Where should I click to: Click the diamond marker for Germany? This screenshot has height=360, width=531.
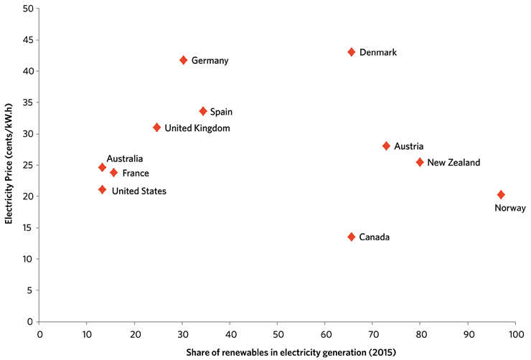click(x=184, y=60)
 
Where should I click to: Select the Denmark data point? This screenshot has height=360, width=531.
click(x=352, y=52)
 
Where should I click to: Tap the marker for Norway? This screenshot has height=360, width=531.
click(x=501, y=195)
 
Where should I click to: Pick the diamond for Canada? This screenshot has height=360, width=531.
click(x=352, y=237)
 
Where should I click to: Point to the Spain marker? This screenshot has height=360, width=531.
click(x=203, y=111)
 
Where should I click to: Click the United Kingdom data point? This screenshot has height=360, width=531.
click(x=157, y=128)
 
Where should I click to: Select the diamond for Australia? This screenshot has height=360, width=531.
click(x=102, y=168)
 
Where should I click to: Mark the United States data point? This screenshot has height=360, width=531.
click(x=102, y=190)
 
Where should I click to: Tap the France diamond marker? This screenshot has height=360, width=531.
click(x=113, y=173)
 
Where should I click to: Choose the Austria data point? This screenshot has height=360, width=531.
click(x=386, y=146)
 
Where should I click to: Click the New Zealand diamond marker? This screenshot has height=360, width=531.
click(x=420, y=162)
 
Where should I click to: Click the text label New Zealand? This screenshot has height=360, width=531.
click(x=454, y=163)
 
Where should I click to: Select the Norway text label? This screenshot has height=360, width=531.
click(x=510, y=209)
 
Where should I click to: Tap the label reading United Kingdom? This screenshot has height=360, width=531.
click(x=197, y=128)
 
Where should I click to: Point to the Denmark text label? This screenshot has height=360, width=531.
click(x=377, y=52)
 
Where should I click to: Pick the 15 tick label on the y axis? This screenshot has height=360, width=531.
click(x=28, y=228)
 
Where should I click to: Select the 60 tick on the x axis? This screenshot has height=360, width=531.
click(x=325, y=333)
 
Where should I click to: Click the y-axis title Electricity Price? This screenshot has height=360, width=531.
click(x=10, y=165)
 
